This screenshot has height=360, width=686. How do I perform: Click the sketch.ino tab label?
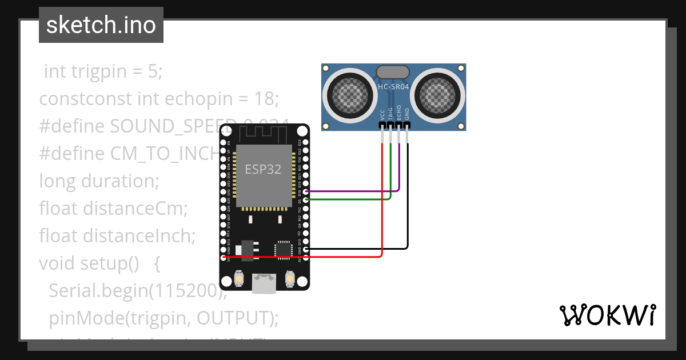click(x=101, y=25)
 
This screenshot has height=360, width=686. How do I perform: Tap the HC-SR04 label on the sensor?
click(x=393, y=87)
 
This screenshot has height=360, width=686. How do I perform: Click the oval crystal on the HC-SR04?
click(x=393, y=72)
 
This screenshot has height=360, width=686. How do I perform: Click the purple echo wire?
click(x=354, y=191)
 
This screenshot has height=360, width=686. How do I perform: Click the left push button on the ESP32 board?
click(x=239, y=279)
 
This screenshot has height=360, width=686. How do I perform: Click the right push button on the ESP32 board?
click(x=289, y=279)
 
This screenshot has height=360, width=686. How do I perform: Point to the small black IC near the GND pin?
click(x=283, y=250)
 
